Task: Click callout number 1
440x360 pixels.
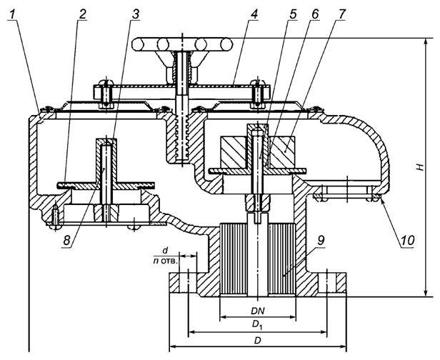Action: (12, 14)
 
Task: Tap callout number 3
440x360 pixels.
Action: (136, 14)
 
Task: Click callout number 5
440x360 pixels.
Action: (293, 14)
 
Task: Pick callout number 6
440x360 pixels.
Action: (315, 14)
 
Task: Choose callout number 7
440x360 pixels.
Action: (341, 14)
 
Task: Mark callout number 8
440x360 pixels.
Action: (67, 240)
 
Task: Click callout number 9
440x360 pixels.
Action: (321, 240)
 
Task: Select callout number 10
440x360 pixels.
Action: (407, 240)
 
